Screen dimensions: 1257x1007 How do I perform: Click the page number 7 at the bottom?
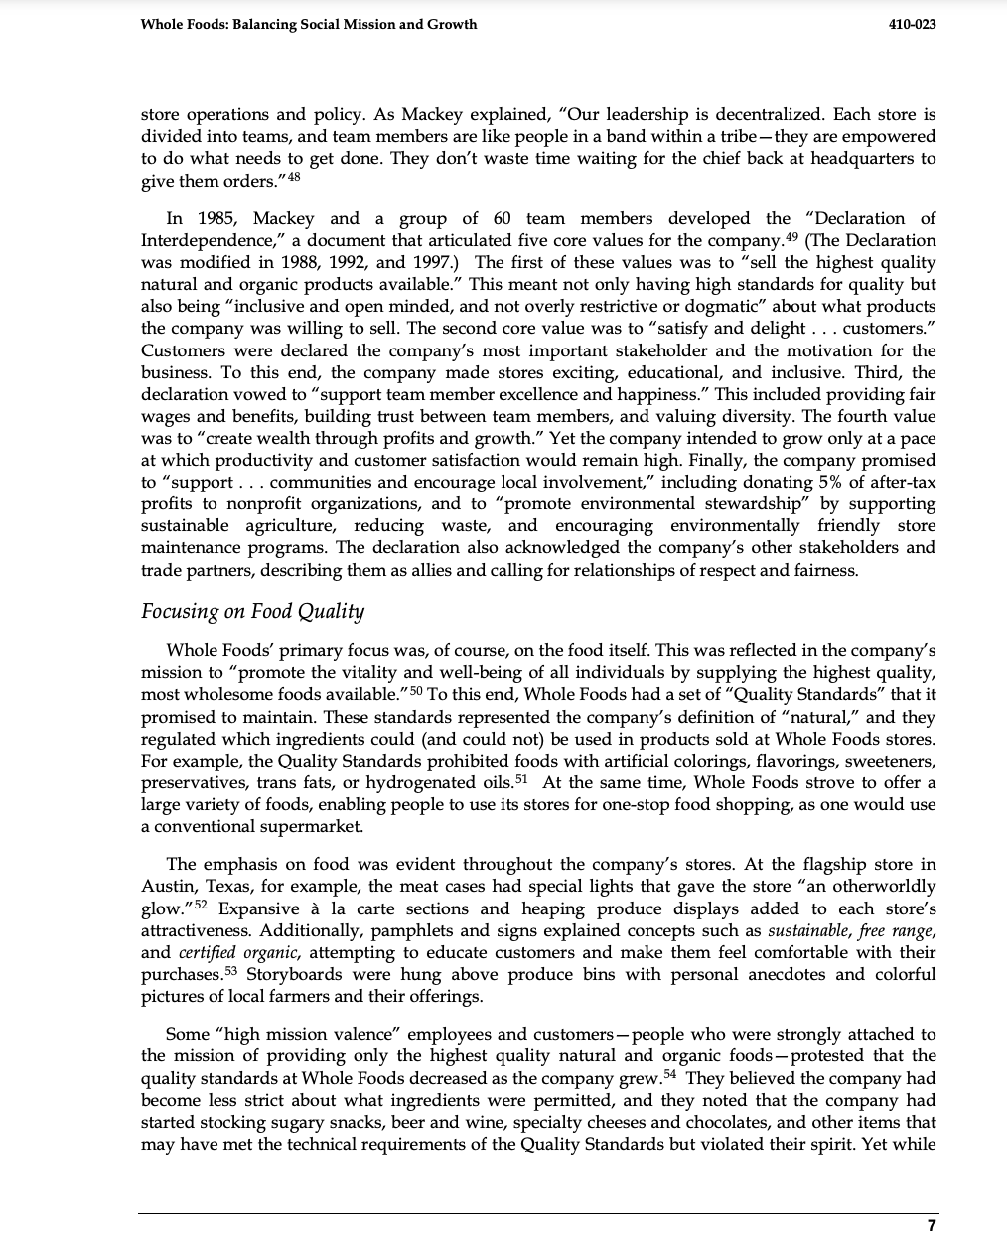(931, 1226)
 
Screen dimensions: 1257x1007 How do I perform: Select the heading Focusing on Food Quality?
(252, 611)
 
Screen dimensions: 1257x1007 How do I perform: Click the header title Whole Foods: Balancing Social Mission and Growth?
(309, 24)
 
